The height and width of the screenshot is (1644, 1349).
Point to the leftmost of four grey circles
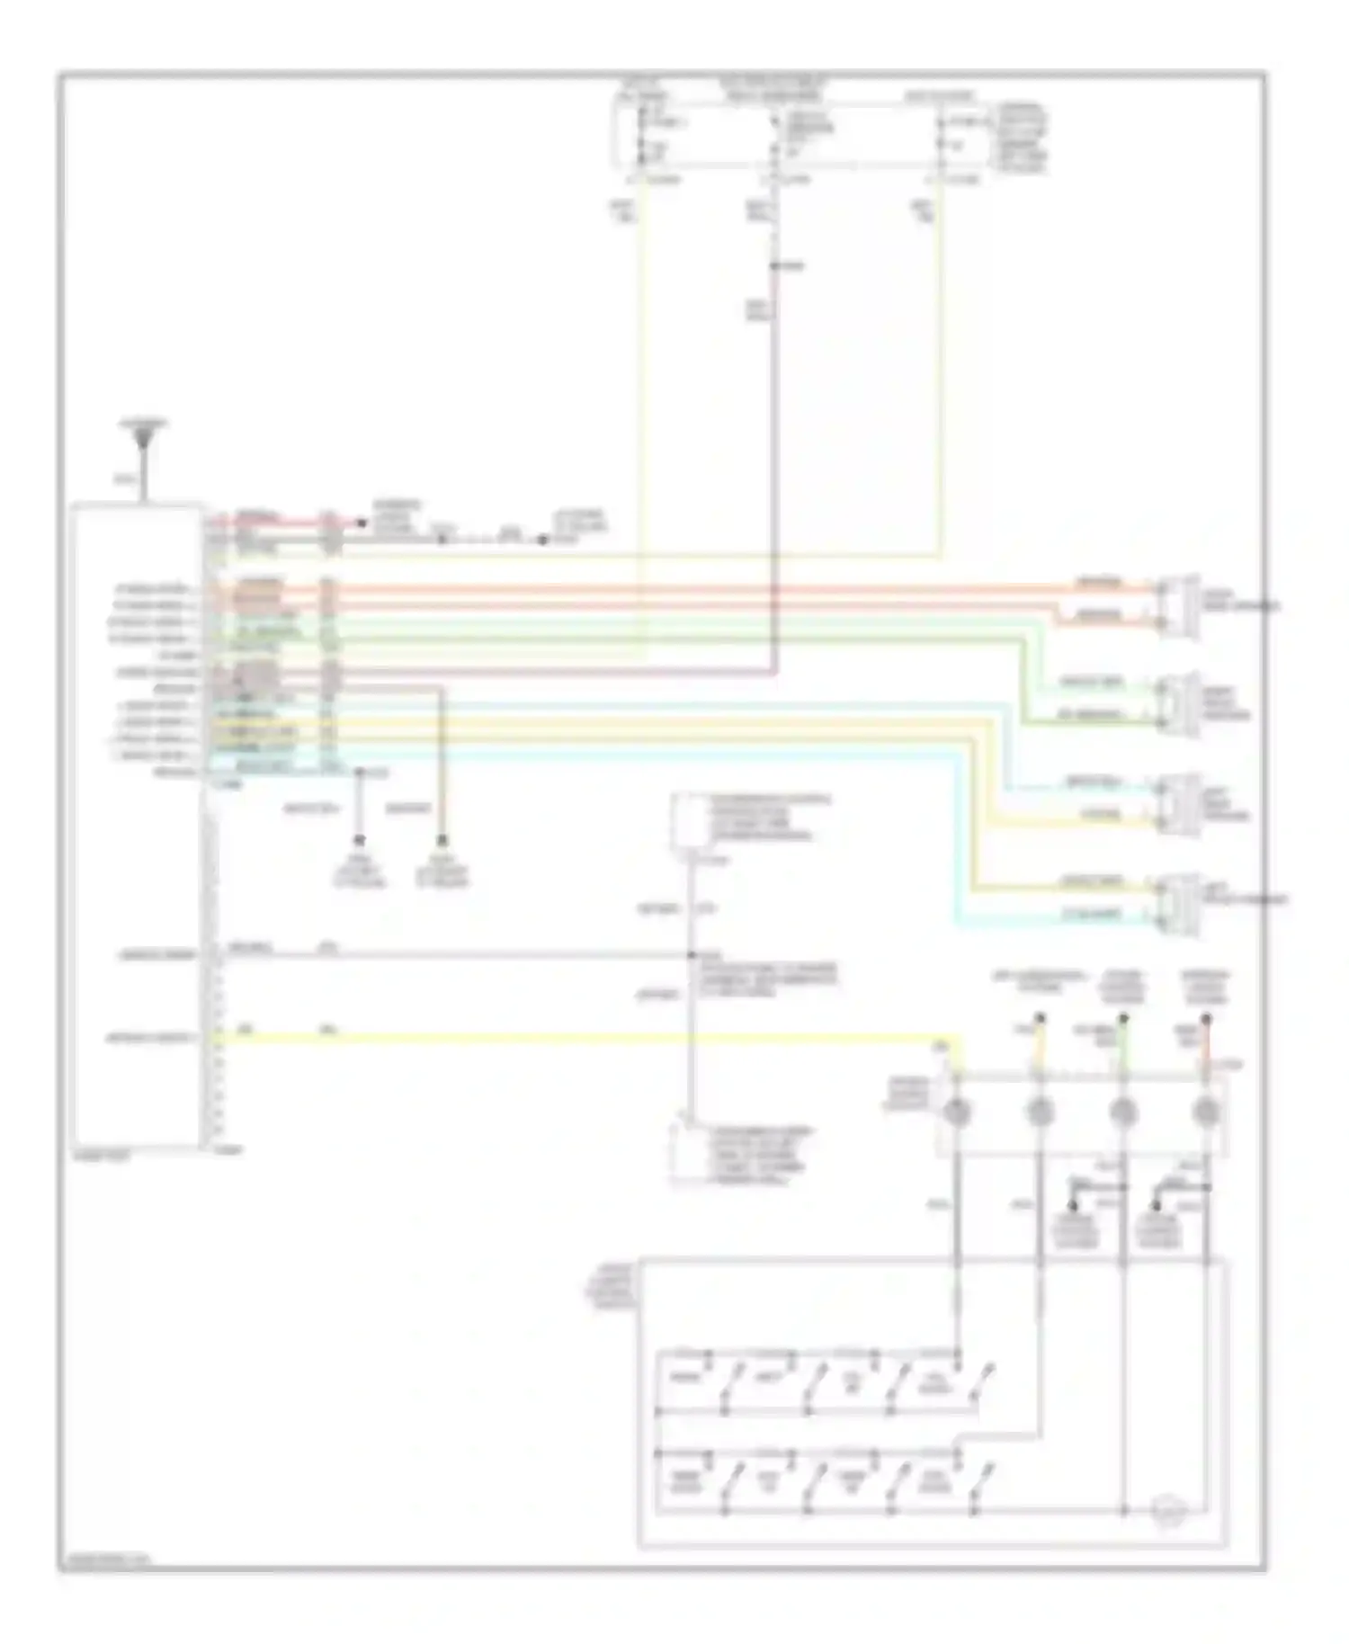958,1113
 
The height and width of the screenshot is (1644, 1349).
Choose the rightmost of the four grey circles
1205,1113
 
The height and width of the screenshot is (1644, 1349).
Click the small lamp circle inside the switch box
1169,1508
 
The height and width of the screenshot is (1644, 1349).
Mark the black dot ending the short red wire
362,523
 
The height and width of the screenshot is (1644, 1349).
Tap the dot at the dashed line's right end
543,541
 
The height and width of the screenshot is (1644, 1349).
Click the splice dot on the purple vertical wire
774,266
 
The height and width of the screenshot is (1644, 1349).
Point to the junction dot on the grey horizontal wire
692,955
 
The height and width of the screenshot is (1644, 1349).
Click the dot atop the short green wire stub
1122,1019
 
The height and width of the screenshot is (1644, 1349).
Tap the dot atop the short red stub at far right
1206,1019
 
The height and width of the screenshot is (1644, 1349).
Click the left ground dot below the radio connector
359,840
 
